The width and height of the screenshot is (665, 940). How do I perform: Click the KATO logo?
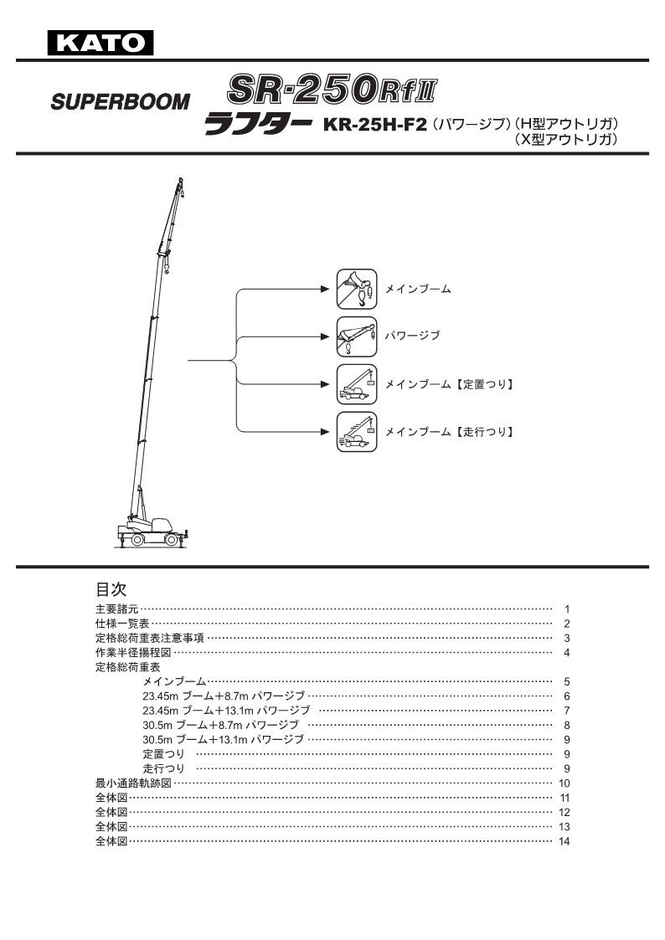point(101,41)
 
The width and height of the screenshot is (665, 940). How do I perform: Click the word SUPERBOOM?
point(121,103)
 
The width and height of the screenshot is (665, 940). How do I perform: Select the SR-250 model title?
point(332,88)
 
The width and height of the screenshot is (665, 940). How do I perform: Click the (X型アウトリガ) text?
point(568,141)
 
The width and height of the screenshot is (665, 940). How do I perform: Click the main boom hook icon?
point(357,290)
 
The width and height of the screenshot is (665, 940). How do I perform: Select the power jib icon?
point(357,336)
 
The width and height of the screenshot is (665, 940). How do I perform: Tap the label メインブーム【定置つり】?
point(448,385)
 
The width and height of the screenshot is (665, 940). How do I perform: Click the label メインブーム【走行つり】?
point(448,433)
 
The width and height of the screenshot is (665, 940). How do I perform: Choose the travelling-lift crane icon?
point(357,432)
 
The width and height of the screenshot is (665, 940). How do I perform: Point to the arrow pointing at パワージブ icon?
point(323,336)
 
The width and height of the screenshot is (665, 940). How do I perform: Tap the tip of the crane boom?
point(179,181)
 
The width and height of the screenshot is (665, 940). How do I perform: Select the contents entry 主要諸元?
point(117,609)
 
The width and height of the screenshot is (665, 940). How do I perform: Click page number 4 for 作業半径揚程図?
point(567,653)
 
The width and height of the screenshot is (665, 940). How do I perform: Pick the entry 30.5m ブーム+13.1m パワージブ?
point(223,740)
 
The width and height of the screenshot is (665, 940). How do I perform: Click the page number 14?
point(564,841)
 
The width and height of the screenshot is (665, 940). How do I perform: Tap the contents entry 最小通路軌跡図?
point(133,783)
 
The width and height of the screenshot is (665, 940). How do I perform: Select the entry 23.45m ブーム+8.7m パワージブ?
point(223,696)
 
